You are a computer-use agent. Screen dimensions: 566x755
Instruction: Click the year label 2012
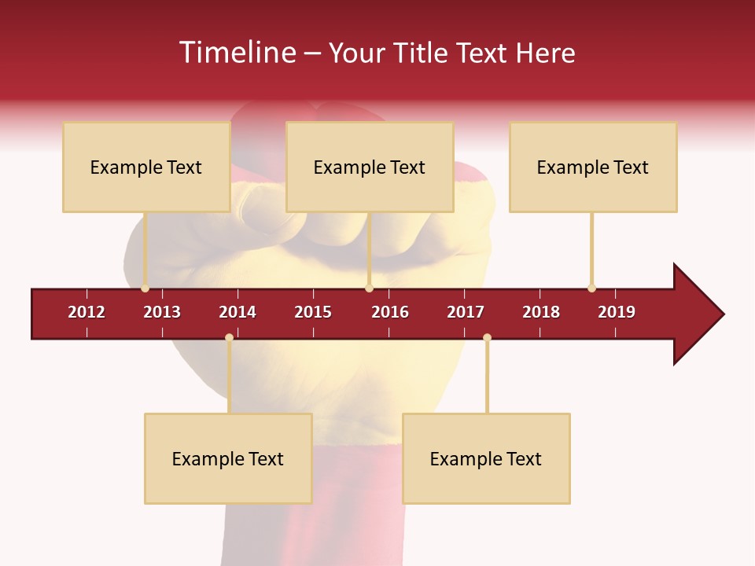tap(87, 312)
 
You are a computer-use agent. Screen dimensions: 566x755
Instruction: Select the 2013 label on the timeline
tap(162, 312)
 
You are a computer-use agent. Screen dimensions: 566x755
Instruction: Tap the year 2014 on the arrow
tap(238, 312)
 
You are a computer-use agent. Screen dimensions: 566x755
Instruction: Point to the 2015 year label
tap(313, 312)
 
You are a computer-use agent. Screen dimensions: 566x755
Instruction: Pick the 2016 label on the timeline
tap(390, 312)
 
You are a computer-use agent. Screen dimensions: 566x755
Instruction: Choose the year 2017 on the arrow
tap(466, 312)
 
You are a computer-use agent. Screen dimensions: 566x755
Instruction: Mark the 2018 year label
tap(541, 312)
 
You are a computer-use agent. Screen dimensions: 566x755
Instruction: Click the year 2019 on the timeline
tap(617, 312)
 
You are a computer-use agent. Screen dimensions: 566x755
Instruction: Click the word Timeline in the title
tap(236, 53)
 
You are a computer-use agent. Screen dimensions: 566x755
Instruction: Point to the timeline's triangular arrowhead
tap(697, 314)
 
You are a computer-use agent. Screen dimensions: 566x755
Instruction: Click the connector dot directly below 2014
tap(229, 338)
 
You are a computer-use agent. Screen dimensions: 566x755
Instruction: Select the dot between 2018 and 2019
tap(591, 288)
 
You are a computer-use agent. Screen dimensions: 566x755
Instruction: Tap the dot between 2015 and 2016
tap(369, 288)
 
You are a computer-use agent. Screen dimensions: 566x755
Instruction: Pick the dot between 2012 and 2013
tap(145, 288)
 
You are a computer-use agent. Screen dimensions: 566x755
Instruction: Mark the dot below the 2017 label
tap(487, 338)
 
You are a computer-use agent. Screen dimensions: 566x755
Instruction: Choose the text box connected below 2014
tap(228, 458)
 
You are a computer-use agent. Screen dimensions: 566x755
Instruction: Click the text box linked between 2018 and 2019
tap(593, 167)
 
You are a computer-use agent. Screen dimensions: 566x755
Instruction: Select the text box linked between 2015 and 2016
tap(370, 167)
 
